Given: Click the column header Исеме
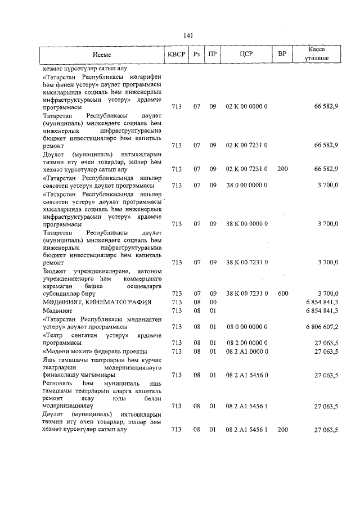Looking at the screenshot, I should point(102,55).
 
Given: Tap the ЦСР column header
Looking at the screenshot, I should point(246,55).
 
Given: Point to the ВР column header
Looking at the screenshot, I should point(282,55).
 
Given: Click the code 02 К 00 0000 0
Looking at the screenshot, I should point(246,106).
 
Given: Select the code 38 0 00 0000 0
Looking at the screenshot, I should point(246,184).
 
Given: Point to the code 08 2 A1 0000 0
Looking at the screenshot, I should point(246,352).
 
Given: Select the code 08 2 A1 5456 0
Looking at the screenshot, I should point(246,375).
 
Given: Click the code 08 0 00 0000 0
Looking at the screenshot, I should point(246,327).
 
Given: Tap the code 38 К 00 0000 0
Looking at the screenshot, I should point(246,223).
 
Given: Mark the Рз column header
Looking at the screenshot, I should point(196,55).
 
